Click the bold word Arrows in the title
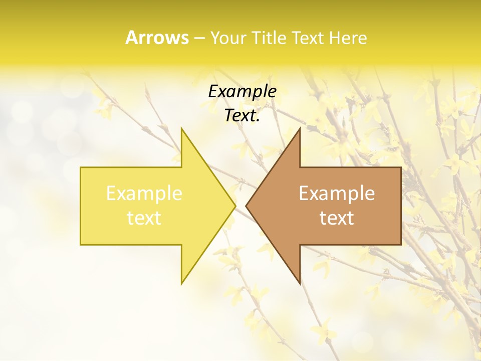[x=157, y=38]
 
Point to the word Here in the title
[x=349, y=38]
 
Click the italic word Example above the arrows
[x=242, y=92]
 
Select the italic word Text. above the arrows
[x=242, y=116]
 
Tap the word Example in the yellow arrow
[x=144, y=194]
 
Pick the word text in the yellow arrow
[x=144, y=218]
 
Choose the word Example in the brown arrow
[x=337, y=194]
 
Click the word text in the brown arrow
[x=337, y=218]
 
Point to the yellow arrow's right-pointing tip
[x=235, y=206]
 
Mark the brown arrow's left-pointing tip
[x=246, y=206]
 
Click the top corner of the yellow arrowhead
[x=181, y=128]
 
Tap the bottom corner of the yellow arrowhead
[x=181, y=284]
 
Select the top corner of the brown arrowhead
[x=300, y=128]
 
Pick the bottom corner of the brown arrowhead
[x=300, y=284]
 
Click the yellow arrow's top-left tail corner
[x=81, y=167]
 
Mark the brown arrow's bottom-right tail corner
[x=401, y=244]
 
